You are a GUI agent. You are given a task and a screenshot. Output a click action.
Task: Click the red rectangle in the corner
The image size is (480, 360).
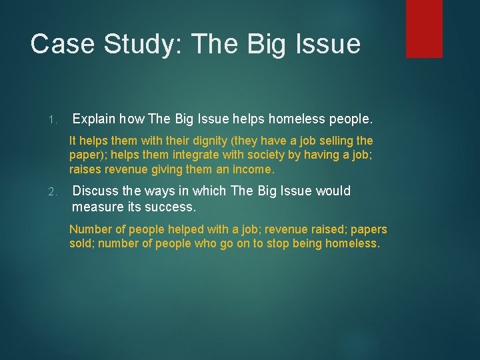pos(424,28)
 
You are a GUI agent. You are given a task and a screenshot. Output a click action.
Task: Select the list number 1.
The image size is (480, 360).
pos(53,121)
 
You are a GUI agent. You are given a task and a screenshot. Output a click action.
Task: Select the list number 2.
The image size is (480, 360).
pos(54,193)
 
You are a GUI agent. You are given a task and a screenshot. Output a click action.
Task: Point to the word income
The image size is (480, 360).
pos(253,169)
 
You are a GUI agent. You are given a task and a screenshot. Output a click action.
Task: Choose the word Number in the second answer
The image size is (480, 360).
pos(90,229)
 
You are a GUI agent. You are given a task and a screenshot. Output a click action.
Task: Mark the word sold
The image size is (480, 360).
pos(81,244)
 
